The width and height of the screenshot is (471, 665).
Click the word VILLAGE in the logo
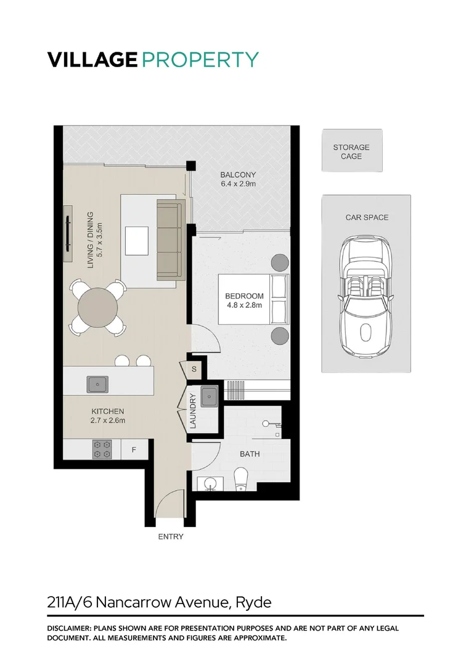pyautogui.click(x=92, y=60)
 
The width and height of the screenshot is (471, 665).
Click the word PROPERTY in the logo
pyautogui.click(x=200, y=60)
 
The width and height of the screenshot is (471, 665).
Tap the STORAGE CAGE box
pyautogui.click(x=351, y=151)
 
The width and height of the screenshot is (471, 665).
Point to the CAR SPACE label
pyautogui.click(x=367, y=217)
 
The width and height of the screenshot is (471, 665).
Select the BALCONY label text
pyautogui.click(x=238, y=175)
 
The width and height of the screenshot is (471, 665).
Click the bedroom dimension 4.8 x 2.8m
pyautogui.click(x=244, y=305)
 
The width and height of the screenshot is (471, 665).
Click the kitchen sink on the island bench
pyautogui.click(x=97, y=384)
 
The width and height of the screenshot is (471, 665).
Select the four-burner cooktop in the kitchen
pyautogui.click(x=102, y=449)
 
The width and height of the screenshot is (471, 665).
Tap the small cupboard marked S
pyautogui.click(x=194, y=369)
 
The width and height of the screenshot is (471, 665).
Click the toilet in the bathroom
pyautogui.click(x=241, y=478)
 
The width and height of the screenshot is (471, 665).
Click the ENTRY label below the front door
pyautogui.click(x=171, y=537)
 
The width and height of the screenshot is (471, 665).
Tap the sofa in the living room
pyautogui.click(x=171, y=240)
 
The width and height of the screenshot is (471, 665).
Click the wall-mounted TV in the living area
pyautogui.click(x=67, y=235)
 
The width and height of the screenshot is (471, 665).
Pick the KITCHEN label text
pyautogui.click(x=108, y=411)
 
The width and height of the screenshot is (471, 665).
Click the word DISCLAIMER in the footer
pyautogui.click(x=68, y=629)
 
